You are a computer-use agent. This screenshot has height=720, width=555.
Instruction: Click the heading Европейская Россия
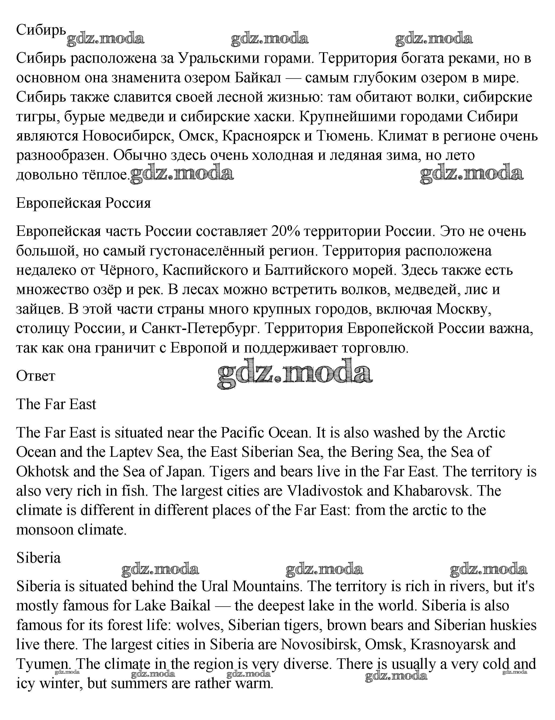(x=83, y=203)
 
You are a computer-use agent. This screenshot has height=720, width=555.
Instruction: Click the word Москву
(x=463, y=309)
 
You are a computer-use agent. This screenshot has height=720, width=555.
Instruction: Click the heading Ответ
(x=36, y=376)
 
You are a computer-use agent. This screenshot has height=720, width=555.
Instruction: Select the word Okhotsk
(x=42, y=472)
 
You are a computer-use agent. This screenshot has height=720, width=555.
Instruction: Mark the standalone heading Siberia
(x=39, y=558)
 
